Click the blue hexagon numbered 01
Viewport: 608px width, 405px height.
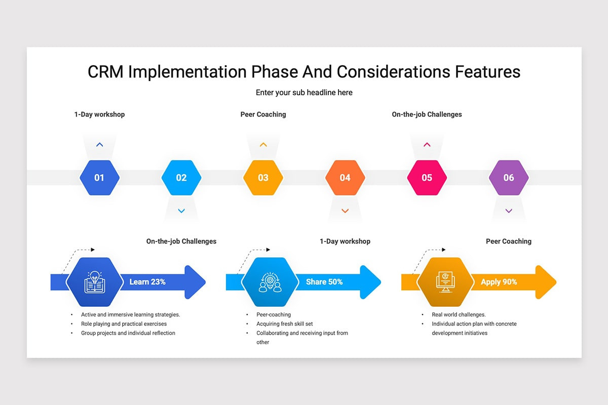coord(99,178)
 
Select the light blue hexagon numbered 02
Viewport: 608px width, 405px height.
coord(181,178)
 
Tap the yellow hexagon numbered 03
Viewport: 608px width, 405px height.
coord(263,178)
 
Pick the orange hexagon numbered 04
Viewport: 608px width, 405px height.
coord(345,178)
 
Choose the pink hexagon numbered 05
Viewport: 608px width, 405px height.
coord(427,178)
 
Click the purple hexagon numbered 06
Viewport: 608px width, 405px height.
coord(509,178)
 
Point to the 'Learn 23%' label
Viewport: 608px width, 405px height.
coord(147,282)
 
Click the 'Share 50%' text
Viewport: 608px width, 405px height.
coord(324,282)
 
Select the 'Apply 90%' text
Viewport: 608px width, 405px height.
coord(499,282)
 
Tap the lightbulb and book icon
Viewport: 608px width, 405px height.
coord(94,282)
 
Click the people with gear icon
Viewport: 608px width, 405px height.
coord(270,282)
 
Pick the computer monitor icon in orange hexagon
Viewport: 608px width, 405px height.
coord(445,282)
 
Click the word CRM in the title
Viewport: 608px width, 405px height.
coord(105,72)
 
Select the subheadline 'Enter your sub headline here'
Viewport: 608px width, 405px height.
coord(304,93)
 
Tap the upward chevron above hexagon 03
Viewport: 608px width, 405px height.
coord(263,145)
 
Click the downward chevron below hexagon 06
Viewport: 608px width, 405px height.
coord(509,211)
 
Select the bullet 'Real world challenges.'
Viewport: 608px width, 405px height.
coord(459,315)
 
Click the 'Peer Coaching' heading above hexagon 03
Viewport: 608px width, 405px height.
coord(263,114)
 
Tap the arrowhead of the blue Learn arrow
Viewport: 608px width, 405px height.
coord(195,282)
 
